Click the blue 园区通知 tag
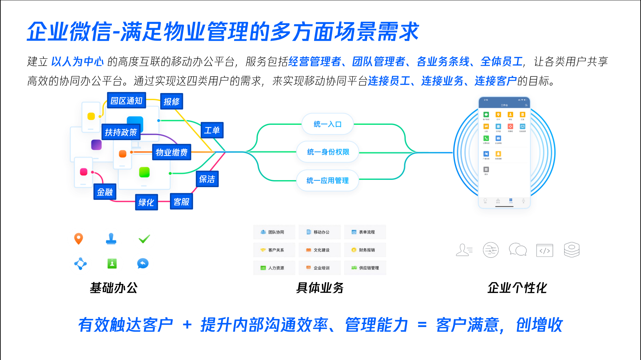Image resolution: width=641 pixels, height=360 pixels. coord(126,100)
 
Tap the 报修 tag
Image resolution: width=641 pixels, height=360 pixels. coord(172,101)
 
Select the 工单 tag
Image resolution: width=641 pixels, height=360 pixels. coord(212,130)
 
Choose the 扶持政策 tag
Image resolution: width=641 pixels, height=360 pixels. coord(121,132)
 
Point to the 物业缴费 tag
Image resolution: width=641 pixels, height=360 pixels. coord(172,152)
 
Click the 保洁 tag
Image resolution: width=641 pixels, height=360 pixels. coord(207,179)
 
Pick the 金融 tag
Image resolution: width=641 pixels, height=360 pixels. coord(105,192)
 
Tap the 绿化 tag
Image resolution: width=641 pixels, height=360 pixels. coord(146,202)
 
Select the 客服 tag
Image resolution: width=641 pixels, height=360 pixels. coord(181,202)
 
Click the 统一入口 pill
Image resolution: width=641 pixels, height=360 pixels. coord(328,124)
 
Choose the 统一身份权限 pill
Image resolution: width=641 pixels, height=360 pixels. coord(328,152)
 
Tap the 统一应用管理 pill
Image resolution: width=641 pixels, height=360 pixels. coord(328,181)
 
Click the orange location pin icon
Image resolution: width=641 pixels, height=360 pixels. coord(78,239)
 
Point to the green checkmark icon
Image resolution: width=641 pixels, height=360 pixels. coord(144,239)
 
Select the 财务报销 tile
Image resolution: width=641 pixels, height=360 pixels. coord(365,250)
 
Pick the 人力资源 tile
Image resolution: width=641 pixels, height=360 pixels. coord(274,268)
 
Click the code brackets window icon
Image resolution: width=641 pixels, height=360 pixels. coord(545,250)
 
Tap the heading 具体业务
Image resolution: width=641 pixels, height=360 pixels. coord(320,288)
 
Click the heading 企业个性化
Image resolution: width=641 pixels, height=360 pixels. coord(517,288)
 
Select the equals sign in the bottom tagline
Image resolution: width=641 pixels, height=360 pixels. coord(422,325)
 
